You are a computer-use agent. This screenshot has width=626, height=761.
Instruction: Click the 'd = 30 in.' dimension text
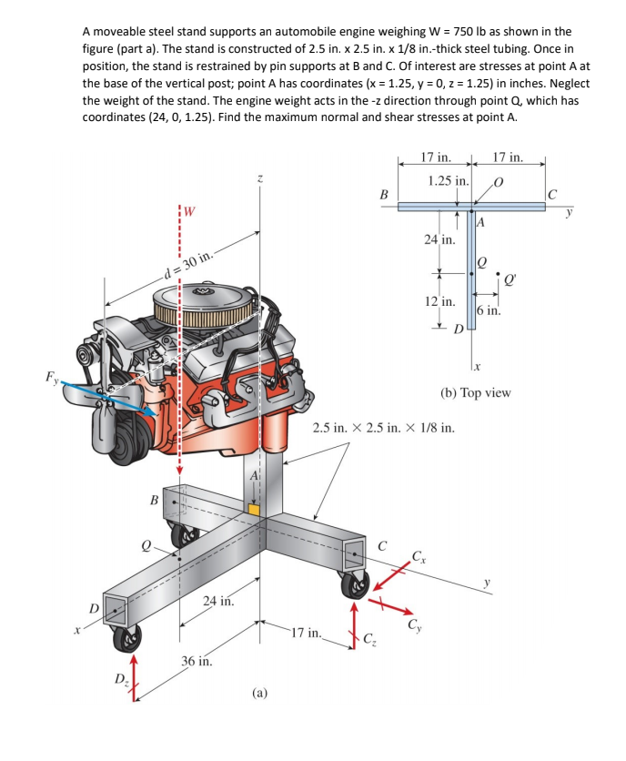point(187,265)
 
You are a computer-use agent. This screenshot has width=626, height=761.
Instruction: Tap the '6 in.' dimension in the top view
point(488,310)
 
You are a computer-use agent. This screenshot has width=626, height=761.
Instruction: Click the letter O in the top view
point(498,181)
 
